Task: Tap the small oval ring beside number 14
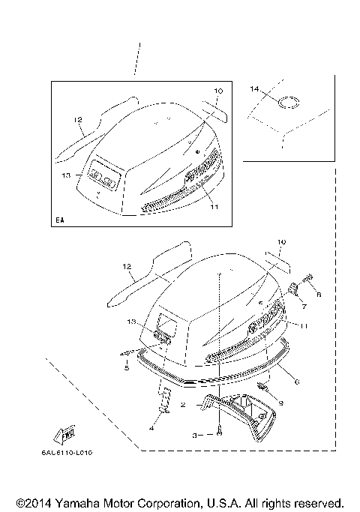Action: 289,101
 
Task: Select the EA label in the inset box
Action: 59,220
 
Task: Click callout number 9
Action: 280,403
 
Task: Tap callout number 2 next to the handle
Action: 182,404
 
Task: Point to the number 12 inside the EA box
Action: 76,119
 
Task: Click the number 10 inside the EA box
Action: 218,91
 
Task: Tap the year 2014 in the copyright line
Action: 39,502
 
